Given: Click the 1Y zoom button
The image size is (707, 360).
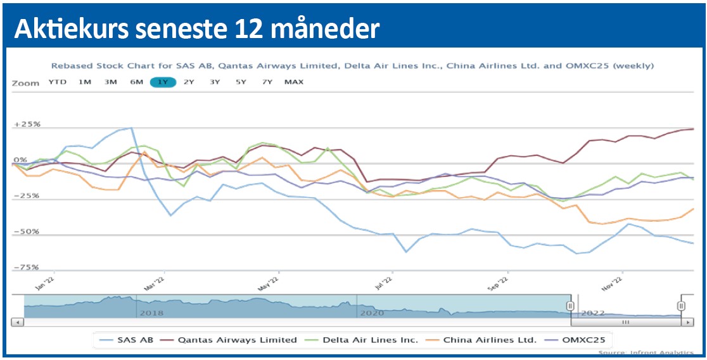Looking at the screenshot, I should point(163,82).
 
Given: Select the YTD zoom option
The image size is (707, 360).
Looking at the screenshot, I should point(58,82).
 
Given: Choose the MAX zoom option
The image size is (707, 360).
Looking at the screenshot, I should point(294,82).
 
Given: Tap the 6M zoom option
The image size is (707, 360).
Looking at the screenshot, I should point(136,82).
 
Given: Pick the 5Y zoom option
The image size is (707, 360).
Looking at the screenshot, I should point(241,82).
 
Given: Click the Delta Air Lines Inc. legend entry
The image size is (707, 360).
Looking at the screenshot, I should point(362,340).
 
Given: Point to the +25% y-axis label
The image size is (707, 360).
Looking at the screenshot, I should point(27,124).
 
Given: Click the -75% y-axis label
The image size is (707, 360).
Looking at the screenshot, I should point(27,267).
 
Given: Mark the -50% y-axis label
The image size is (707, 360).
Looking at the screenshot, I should point(27,231).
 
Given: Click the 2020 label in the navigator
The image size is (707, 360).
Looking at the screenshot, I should point(372,313).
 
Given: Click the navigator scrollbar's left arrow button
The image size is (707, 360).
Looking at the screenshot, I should point(18,322).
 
